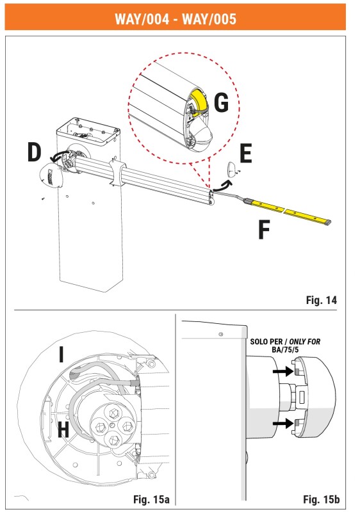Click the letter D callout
pos(35,152)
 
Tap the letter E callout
pos(246,154)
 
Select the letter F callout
pos(264,230)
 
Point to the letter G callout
pos(221,102)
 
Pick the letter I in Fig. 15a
pos(61,355)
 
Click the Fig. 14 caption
pos(321,300)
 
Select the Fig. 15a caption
pos(151,499)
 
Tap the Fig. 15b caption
pos(321,499)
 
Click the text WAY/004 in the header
pos(142,19)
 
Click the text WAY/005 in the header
pos(209,19)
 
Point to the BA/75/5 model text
pos(285,349)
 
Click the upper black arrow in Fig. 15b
pos(283,371)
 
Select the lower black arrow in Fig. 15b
pos(283,424)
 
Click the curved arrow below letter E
pos(223,186)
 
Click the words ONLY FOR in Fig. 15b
pos(304,342)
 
